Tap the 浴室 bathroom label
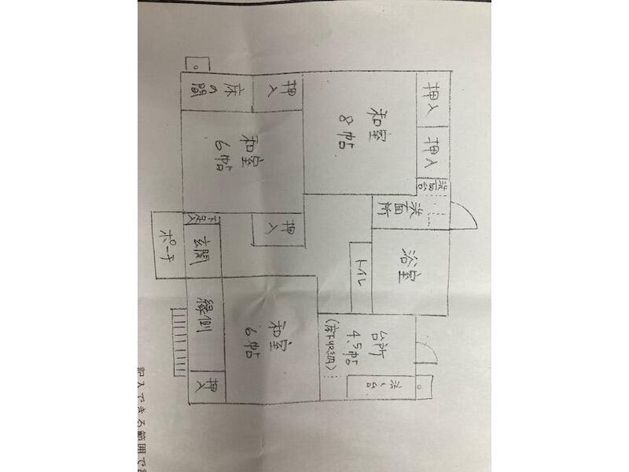pos(410,268)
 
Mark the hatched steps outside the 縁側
pos(178,338)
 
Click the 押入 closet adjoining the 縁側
pos(207,388)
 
